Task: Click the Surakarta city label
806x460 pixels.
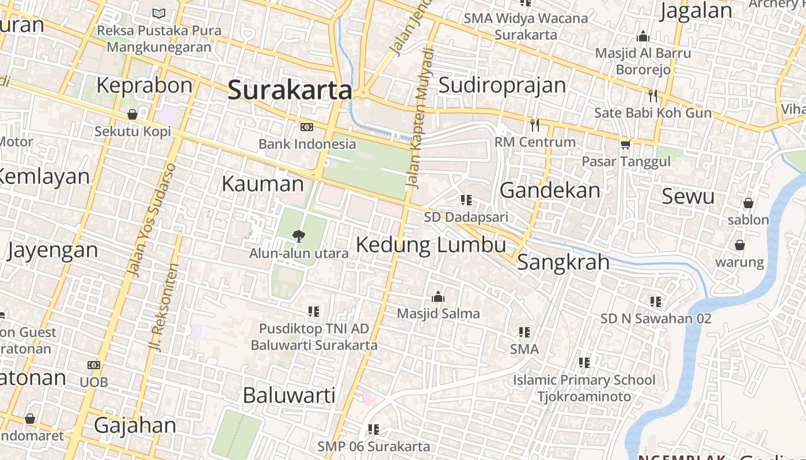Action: tap(290, 91)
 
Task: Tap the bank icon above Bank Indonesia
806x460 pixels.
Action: tap(307, 127)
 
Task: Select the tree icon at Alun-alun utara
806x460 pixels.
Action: tap(298, 235)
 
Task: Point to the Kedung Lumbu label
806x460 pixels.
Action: tap(431, 245)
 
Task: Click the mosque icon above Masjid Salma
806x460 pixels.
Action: tap(438, 297)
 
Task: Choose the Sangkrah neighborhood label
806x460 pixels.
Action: tap(563, 262)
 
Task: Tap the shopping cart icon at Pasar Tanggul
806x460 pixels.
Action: tap(626, 144)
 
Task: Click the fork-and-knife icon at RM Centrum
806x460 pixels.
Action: tap(535, 124)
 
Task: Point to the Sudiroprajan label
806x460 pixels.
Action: tap(502, 85)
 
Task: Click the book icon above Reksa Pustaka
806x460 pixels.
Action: tap(159, 13)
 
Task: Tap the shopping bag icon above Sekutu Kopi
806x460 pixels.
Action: tap(132, 114)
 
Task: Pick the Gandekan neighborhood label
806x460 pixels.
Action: tap(550, 190)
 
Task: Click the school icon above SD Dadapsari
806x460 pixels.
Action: tap(466, 200)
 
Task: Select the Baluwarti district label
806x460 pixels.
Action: tap(289, 395)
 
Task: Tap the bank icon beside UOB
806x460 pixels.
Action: tap(94, 365)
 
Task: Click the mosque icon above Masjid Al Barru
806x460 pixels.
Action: tap(643, 37)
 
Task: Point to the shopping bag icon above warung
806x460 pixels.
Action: tap(740, 245)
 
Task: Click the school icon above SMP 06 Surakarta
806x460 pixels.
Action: tap(374, 429)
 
